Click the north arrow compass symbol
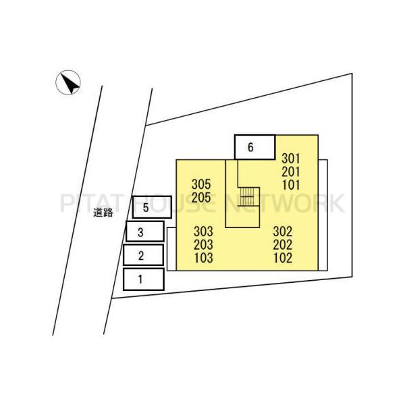pyautogui.click(x=68, y=82)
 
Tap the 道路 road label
pyautogui.click(x=103, y=213)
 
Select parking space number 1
pyautogui.click(x=144, y=279)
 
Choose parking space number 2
pyautogui.click(x=143, y=255)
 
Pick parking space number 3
pyautogui.click(x=145, y=231)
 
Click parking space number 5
pyautogui.click(x=152, y=207)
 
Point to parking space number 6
pyautogui.click(x=254, y=147)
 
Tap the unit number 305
pyautogui.click(x=201, y=184)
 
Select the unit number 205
pyautogui.click(x=201, y=198)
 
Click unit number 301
pyautogui.click(x=291, y=159)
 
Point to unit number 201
pyautogui.click(x=291, y=171)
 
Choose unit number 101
pyautogui.click(x=291, y=185)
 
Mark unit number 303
pyautogui.click(x=204, y=232)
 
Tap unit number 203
pyautogui.click(x=204, y=244)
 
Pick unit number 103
pyautogui.click(x=204, y=258)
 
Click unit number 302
pyautogui.click(x=283, y=232)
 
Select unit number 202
pyautogui.click(x=283, y=244)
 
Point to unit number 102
pyautogui.click(x=283, y=258)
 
